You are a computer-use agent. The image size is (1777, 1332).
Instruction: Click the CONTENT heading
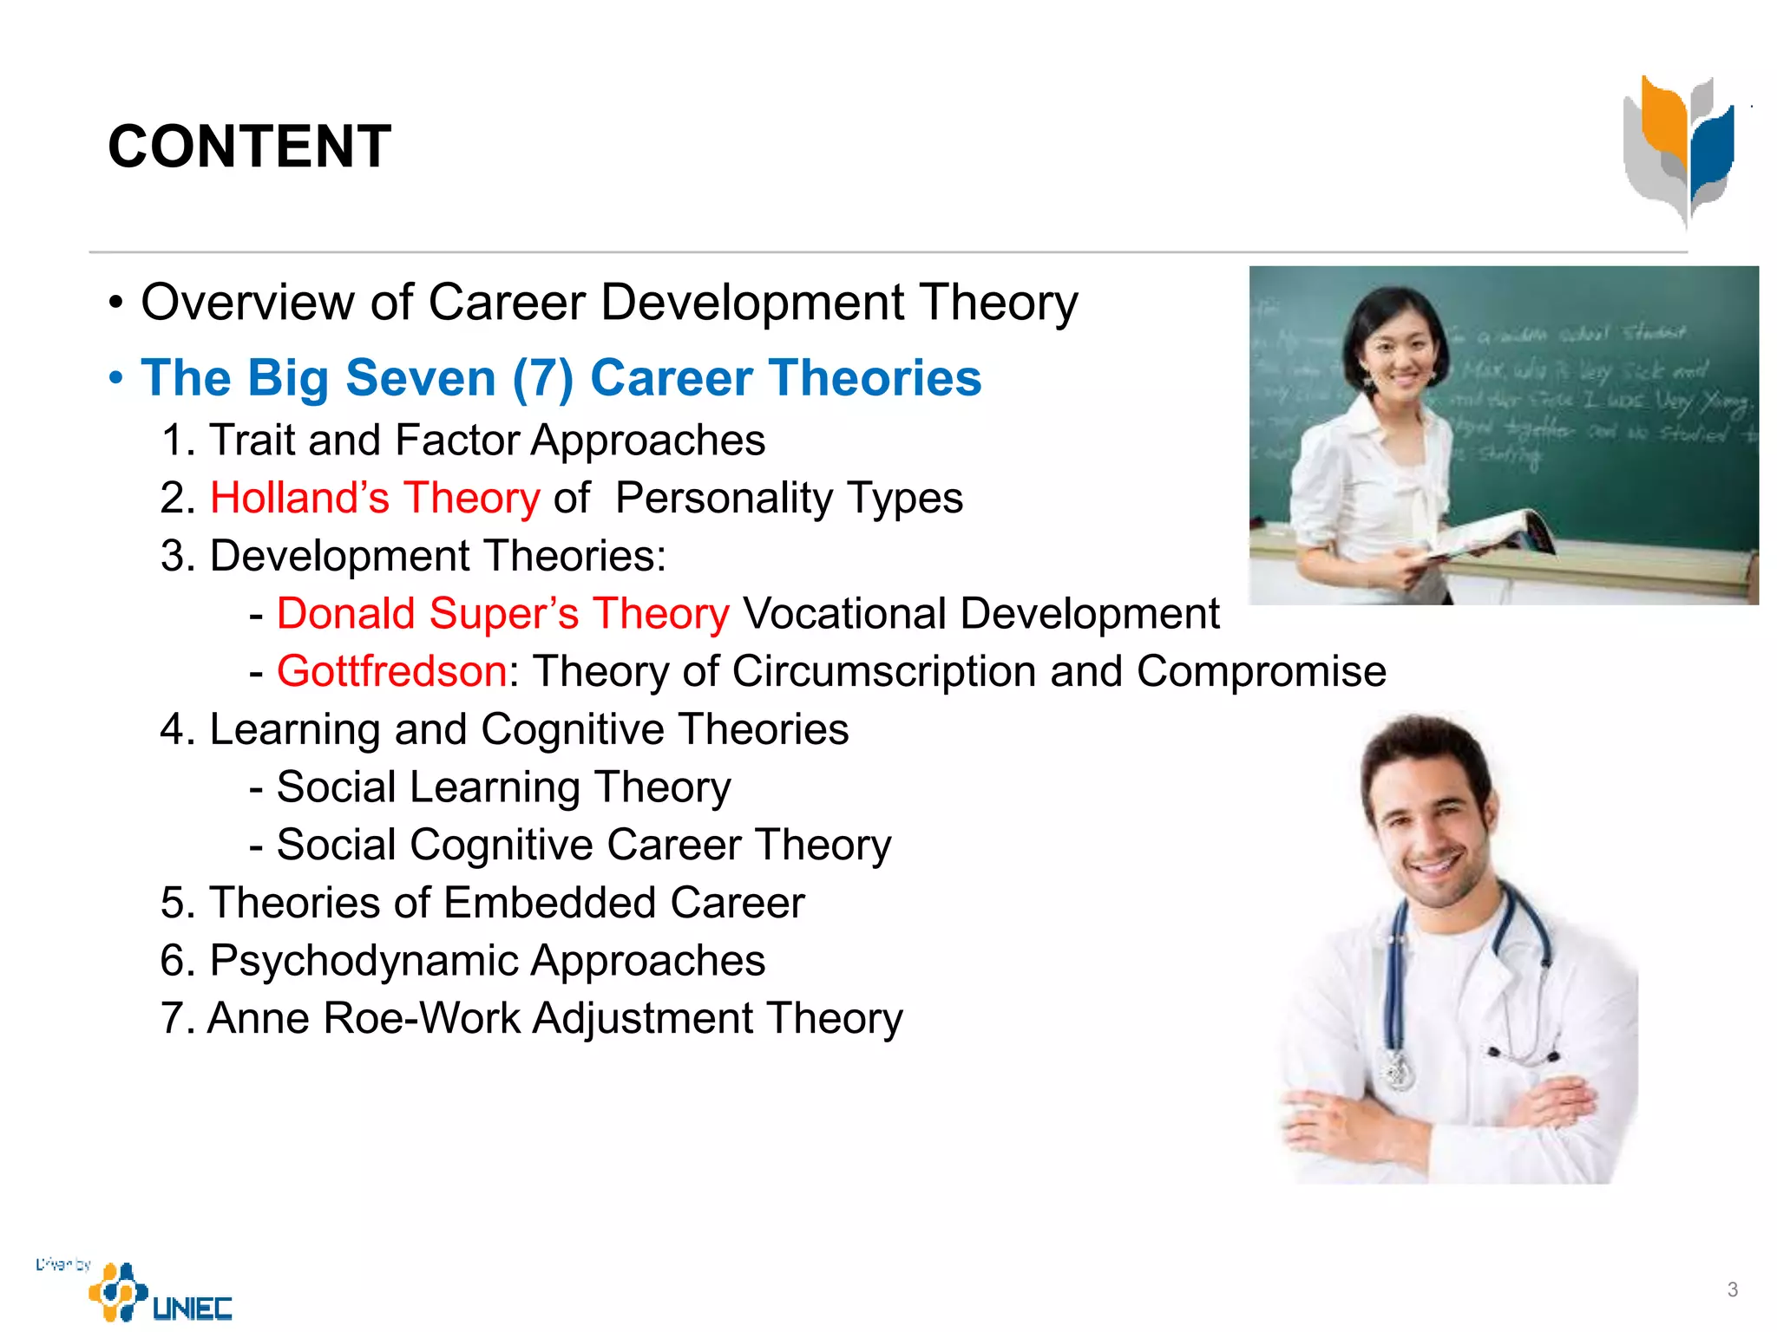pos(250,146)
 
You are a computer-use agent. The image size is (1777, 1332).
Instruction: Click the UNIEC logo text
pos(192,1307)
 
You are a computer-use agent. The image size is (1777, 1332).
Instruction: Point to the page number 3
pos(1732,1290)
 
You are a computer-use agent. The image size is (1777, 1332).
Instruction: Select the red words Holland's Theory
pos(375,499)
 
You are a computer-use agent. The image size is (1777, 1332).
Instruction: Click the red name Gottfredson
pos(391,671)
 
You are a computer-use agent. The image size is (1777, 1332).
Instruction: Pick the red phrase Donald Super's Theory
pos(503,614)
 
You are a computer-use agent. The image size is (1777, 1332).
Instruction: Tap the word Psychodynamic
pos(364,961)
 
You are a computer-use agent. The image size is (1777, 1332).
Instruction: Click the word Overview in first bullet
pos(248,303)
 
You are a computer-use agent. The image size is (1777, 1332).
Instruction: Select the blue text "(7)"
pos(543,378)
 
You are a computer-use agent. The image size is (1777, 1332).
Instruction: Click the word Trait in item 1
pos(252,441)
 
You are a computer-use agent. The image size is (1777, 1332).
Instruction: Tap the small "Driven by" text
pos(62,1264)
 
